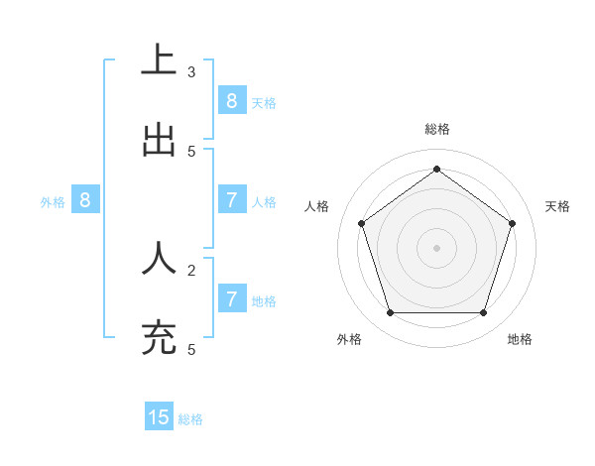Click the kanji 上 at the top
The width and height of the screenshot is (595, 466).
159,59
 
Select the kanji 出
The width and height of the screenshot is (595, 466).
159,140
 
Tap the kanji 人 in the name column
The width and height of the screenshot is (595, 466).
159,258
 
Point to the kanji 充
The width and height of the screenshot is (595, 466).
159,338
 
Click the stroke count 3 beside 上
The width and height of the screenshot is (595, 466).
191,71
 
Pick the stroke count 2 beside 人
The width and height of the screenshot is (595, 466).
191,269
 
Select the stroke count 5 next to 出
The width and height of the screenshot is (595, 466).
191,151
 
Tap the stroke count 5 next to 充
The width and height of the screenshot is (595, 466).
191,349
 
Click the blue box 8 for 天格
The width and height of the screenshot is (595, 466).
231,100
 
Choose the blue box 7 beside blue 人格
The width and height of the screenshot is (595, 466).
231,199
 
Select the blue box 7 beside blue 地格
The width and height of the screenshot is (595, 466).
231,298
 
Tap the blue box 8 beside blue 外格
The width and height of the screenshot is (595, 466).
85,199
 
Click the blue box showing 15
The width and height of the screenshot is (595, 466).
159,417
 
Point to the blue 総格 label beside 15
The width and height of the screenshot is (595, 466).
190,419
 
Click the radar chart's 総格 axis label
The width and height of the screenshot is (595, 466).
437,129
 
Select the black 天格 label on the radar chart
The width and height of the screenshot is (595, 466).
557,206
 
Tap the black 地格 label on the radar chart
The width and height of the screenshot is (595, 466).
520,339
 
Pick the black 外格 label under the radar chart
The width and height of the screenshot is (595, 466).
349,339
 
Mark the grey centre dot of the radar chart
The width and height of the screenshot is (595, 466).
436,248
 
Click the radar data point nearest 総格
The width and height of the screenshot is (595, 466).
436,170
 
